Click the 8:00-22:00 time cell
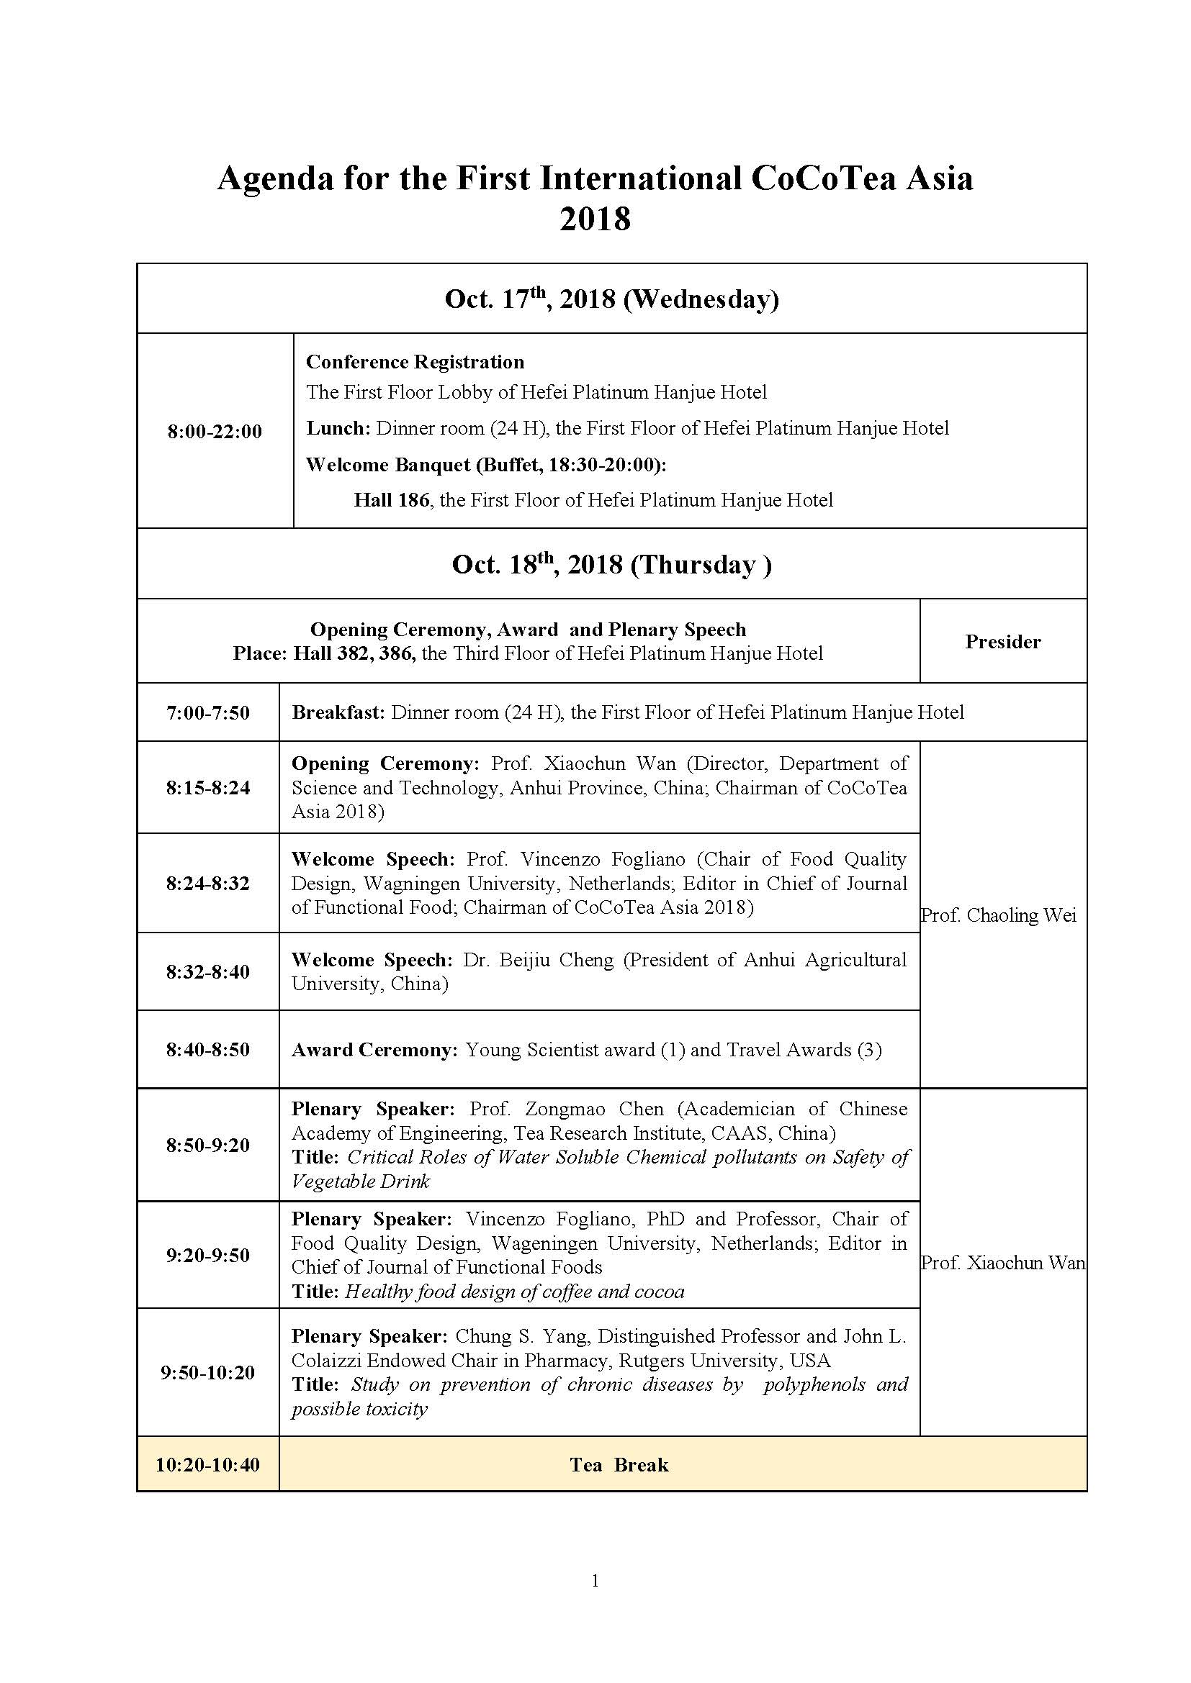pos(214,431)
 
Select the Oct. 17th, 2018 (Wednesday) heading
pos(611,299)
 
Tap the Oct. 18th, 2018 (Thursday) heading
pos(611,564)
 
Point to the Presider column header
pos(1002,641)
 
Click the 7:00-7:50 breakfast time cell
pos(207,712)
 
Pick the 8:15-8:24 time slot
pos(207,787)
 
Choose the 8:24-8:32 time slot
pos(207,883)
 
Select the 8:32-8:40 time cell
pos(207,971)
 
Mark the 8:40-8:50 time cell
pos(207,1049)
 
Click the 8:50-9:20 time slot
pos(207,1144)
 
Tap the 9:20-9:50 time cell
pos(207,1254)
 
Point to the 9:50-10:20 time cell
pos(207,1372)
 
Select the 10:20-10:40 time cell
pos(207,1464)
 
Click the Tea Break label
pos(619,1464)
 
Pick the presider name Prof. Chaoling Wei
pos(999,915)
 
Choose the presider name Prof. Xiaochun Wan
pos(1002,1262)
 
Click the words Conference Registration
pos(415,362)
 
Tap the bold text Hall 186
pos(391,500)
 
